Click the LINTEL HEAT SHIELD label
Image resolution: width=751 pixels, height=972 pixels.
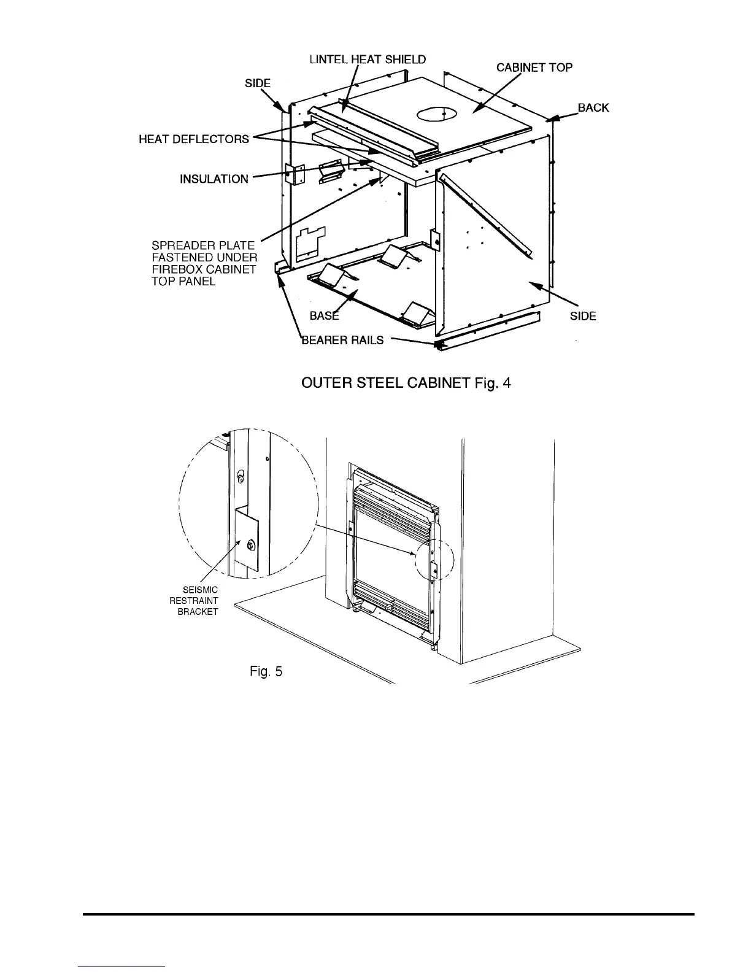[x=367, y=60]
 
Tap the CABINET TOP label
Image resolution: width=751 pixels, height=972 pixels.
[x=534, y=67]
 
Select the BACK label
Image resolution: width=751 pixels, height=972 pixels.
[x=593, y=108]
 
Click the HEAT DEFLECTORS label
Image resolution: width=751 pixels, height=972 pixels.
[x=194, y=139]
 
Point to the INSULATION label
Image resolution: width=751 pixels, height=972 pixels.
[x=214, y=179]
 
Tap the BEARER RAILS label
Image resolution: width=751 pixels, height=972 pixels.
[x=342, y=341]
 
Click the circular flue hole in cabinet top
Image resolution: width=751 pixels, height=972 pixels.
[x=436, y=115]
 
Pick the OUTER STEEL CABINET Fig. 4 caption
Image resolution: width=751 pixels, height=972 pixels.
[x=406, y=384]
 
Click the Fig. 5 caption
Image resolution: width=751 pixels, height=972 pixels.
[x=266, y=672]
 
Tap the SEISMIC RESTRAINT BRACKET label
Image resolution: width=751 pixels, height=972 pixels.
[x=194, y=601]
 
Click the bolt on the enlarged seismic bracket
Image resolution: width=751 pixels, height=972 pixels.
[x=250, y=545]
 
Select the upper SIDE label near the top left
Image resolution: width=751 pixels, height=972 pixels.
[x=258, y=83]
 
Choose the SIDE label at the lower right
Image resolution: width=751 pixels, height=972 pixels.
[x=583, y=316]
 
